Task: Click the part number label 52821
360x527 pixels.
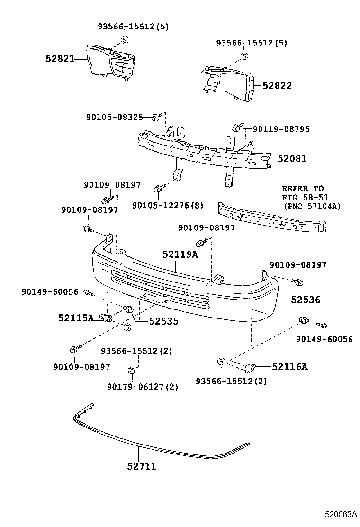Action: pyautogui.click(x=60, y=59)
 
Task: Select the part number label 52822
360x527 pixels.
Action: pyautogui.click(x=277, y=86)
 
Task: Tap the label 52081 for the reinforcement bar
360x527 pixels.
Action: pyautogui.click(x=292, y=159)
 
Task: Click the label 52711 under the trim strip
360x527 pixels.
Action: pyautogui.click(x=141, y=466)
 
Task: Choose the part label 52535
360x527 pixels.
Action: pyautogui.click(x=163, y=321)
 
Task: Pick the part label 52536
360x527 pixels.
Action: pyautogui.click(x=306, y=300)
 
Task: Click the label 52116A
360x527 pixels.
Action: pyautogui.click(x=289, y=366)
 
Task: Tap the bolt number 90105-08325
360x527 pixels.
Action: pyautogui.click(x=115, y=117)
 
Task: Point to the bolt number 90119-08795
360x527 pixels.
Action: pyautogui.click(x=281, y=128)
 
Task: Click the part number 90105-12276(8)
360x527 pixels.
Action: pyautogui.click(x=168, y=205)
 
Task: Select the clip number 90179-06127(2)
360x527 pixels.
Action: pyautogui.click(x=143, y=387)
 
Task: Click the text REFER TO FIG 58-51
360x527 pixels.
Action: pyautogui.click(x=305, y=192)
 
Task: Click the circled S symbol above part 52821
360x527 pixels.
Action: pyautogui.click(x=125, y=40)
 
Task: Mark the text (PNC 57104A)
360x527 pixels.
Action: pyautogui.click(x=312, y=206)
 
